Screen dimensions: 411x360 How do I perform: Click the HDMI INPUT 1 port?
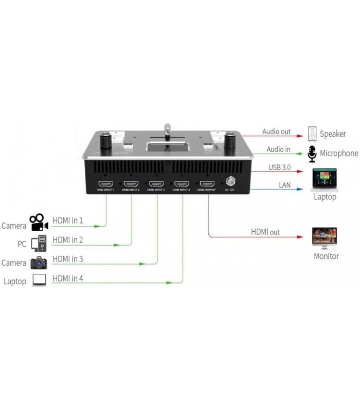click(106, 183)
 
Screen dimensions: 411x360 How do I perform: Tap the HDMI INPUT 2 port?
click(131, 183)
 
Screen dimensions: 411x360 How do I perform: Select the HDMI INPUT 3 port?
click(156, 183)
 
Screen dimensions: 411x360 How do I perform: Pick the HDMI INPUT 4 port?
click(182, 183)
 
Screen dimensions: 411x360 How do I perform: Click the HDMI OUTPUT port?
click(207, 183)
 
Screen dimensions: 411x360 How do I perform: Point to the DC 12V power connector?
click(231, 181)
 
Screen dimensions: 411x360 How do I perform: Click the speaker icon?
click(312, 134)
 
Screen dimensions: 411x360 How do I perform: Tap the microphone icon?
click(312, 153)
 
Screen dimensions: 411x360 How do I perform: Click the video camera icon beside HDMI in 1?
click(39, 222)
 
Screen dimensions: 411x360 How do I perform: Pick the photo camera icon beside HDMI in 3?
click(39, 263)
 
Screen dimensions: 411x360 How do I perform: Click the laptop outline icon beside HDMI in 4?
click(39, 281)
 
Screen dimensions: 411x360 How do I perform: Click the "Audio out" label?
click(276, 132)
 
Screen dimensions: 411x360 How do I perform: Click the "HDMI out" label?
click(265, 232)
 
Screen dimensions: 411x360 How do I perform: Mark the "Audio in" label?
click(278, 150)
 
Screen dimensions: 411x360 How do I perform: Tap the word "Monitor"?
click(326, 256)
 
